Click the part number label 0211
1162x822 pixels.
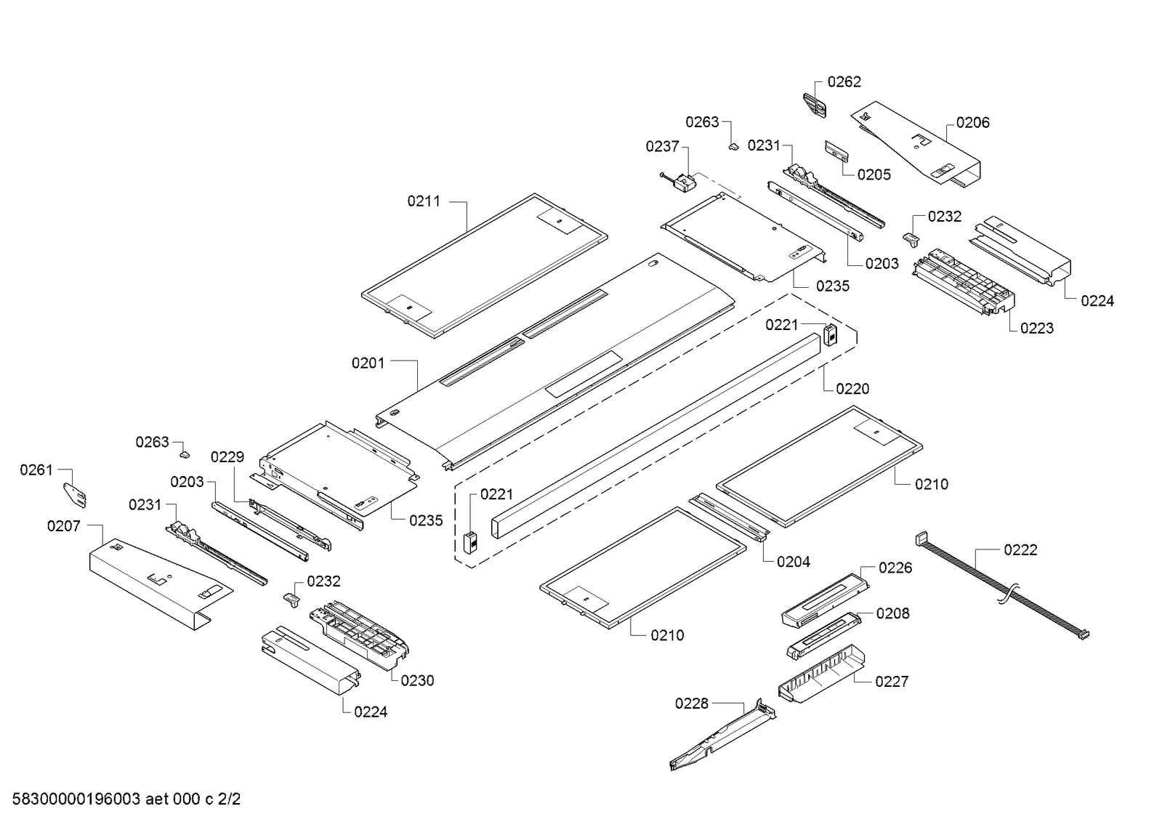coord(424,201)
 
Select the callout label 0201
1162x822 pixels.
coord(368,363)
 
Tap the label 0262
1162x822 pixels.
coord(844,82)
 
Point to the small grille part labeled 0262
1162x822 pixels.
coord(815,106)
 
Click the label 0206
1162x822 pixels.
coord(972,123)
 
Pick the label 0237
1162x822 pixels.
coord(662,147)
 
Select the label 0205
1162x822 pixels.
coord(873,174)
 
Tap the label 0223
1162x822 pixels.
coord(1036,329)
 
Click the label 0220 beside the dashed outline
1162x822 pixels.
coord(852,389)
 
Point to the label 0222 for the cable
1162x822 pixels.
coord(1020,550)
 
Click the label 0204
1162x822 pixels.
coord(793,562)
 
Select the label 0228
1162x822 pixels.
coord(691,704)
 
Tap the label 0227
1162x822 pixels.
coord(891,682)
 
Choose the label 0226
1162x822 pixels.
coord(895,568)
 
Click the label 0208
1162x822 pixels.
coord(892,614)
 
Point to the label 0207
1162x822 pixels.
coord(64,526)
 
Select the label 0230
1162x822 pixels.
coord(417,681)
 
